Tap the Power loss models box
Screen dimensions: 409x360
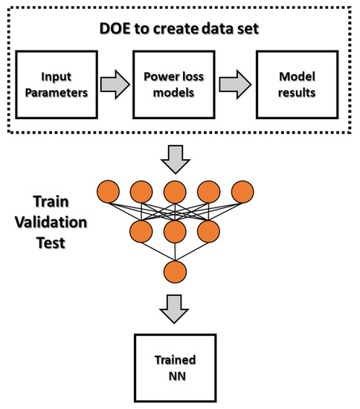(x=179, y=83)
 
